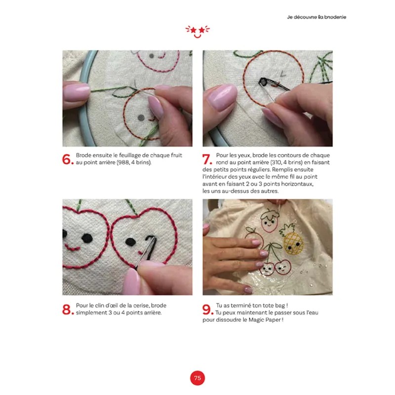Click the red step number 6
point(68,159)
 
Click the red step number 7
point(207,159)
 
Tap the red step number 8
point(68,309)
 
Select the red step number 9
point(208,309)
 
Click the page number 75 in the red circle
point(197,378)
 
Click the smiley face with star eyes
point(197,32)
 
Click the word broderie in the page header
point(333,17)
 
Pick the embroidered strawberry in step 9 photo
point(269,219)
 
